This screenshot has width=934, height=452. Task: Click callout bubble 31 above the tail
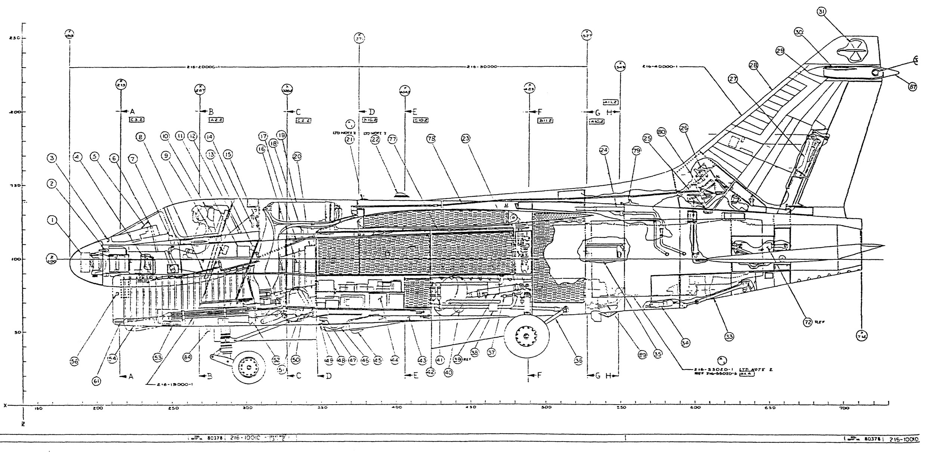[x=821, y=12]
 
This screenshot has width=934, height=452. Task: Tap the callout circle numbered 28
[x=753, y=66]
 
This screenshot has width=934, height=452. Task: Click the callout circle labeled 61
[x=96, y=381]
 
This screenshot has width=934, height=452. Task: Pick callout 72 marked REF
[x=808, y=322]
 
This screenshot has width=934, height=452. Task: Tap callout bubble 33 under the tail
[x=729, y=337]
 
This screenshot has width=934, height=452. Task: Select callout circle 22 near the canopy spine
[x=375, y=140]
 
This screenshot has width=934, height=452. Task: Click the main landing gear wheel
[x=527, y=337]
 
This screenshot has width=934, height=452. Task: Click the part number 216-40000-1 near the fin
[x=659, y=66]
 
